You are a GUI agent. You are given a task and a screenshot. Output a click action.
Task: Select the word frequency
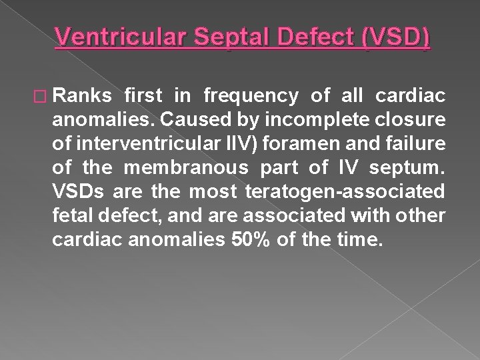251,97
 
